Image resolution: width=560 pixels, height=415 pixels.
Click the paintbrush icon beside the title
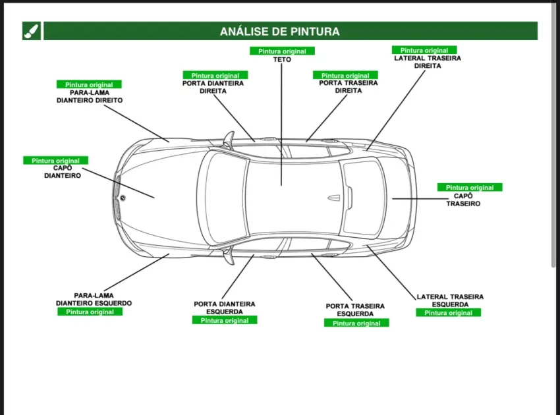32,31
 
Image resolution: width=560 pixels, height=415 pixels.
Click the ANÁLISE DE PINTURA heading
280,31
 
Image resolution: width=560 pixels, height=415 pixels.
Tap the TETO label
282,60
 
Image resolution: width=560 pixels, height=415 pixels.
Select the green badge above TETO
282,51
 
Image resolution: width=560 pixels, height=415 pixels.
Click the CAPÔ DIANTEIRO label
63,172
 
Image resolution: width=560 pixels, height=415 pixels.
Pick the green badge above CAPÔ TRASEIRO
470,188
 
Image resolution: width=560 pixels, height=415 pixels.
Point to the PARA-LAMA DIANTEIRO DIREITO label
89,97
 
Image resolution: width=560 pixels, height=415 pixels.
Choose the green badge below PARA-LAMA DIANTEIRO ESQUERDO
90,312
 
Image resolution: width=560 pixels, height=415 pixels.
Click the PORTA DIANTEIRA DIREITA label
213,88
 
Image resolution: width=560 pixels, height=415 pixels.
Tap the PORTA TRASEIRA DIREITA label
349,87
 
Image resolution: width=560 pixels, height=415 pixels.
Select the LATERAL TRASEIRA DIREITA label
428,62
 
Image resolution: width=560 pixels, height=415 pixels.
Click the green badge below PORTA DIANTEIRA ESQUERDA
225,320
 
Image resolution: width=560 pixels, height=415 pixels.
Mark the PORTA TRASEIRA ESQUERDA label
356,310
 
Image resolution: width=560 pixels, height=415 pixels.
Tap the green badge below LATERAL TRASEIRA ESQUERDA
448,313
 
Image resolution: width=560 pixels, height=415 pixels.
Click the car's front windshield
222,197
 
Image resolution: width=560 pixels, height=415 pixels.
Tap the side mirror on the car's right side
229,138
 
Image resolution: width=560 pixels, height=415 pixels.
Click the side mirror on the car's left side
229,257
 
